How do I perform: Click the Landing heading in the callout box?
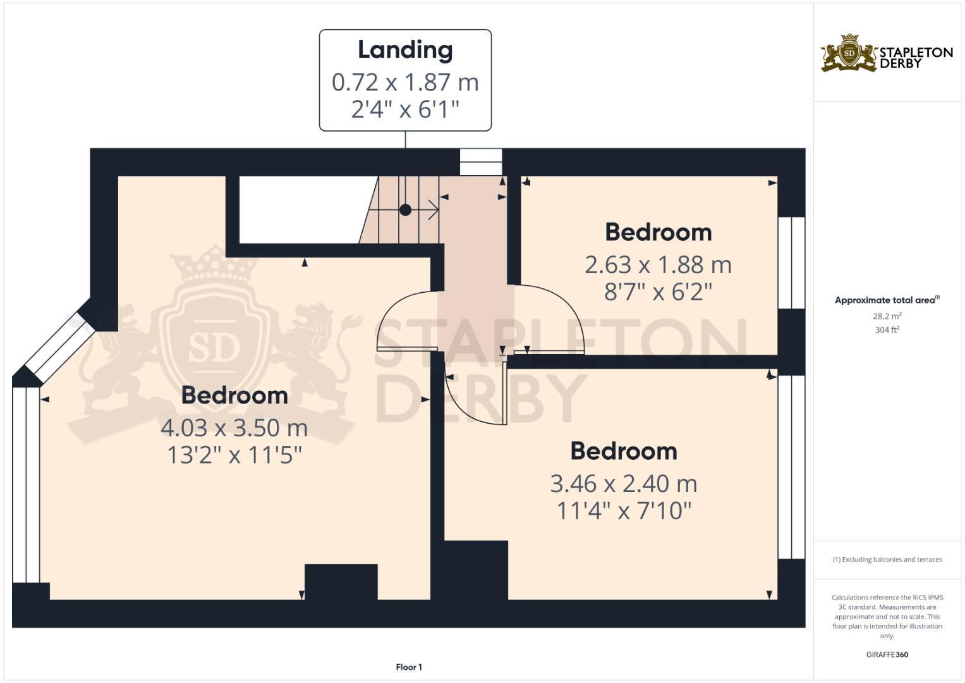coord(405,50)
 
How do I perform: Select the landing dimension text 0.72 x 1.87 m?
coord(405,82)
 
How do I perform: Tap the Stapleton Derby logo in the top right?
coord(886,53)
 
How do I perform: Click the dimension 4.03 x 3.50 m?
coord(234,428)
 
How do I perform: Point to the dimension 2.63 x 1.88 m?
coord(658,264)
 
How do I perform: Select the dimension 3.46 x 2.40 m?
coord(623,483)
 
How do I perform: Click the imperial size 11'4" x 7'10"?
coord(623,510)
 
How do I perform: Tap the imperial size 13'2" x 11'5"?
coord(234,455)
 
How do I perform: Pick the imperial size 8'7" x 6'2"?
coord(658,292)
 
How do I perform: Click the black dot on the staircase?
coord(405,209)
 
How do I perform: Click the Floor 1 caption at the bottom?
coord(409,667)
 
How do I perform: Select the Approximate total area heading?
coord(886,300)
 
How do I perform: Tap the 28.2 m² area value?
coord(887,316)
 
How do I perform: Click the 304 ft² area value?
coord(887,329)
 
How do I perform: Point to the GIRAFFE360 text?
coord(887,655)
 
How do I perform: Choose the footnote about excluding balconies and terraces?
coord(887,559)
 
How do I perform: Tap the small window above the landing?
coord(480,162)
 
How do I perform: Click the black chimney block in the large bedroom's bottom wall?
coord(341,581)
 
